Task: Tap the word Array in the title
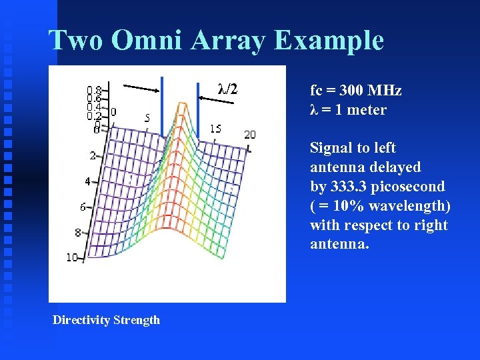click(x=228, y=41)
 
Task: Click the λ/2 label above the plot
click(x=227, y=89)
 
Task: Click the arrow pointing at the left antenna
click(x=141, y=88)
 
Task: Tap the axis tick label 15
click(x=215, y=129)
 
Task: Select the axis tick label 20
click(x=249, y=135)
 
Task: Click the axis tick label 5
click(x=147, y=118)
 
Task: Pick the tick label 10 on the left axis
click(x=72, y=257)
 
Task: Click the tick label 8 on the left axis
click(x=77, y=233)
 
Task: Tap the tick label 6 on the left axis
click(x=83, y=207)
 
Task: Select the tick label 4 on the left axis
click(x=87, y=181)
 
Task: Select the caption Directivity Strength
click(x=107, y=320)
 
